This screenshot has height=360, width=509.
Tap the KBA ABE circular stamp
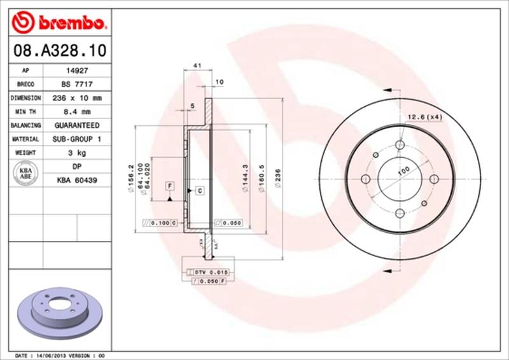[x=27, y=173]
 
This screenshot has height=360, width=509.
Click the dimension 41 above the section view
[x=197, y=66]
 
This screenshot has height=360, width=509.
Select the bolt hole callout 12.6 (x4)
[x=424, y=116]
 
